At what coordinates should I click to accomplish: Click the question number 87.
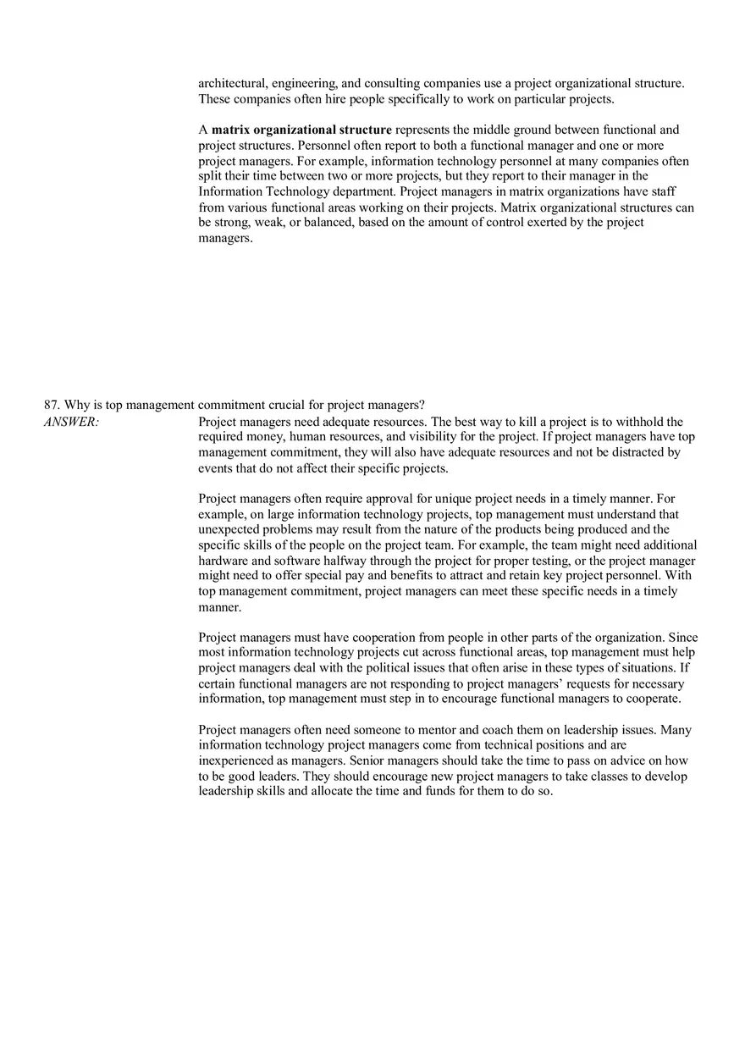51,405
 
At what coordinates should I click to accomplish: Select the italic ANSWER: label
71,422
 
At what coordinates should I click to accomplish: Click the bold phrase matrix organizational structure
301,130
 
